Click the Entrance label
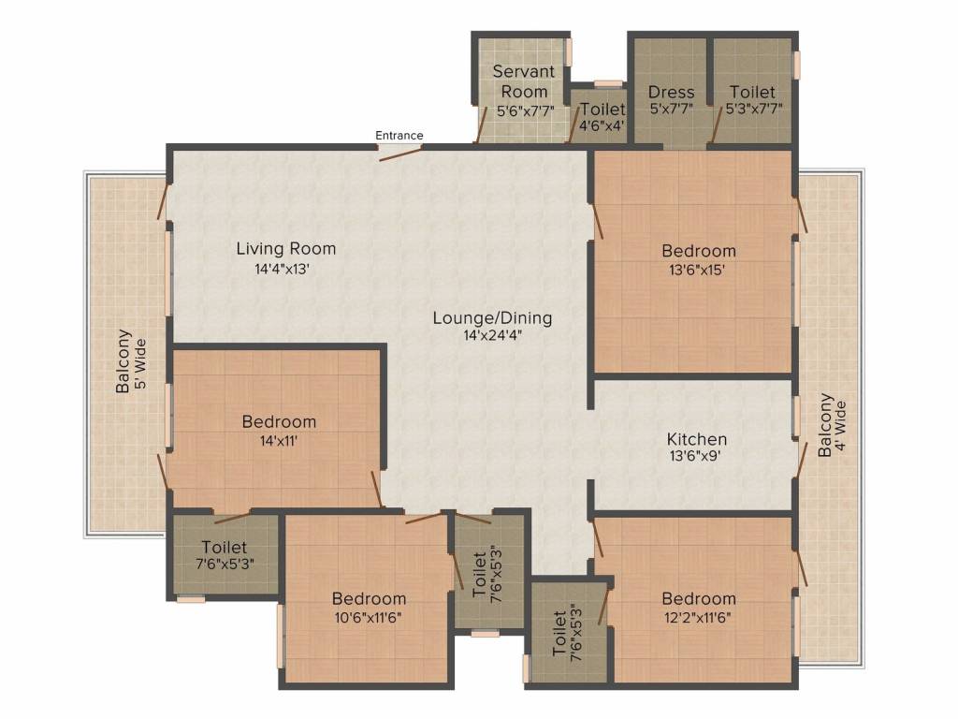click(x=399, y=136)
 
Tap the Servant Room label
click(x=524, y=81)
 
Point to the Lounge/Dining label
click(x=492, y=318)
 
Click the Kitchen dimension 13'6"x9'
click(x=696, y=457)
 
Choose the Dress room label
click(x=671, y=92)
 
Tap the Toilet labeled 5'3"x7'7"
click(x=752, y=92)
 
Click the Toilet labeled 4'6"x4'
click(x=602, y=110)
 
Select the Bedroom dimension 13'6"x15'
click(x=699, y=269)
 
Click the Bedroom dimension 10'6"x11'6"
click(x=369, y=617)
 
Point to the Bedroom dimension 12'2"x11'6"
click(x=699, y=617)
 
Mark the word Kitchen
click(x=696, y=439)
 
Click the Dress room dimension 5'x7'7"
click(x=671, y=109)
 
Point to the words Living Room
click(x=285, y=249)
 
